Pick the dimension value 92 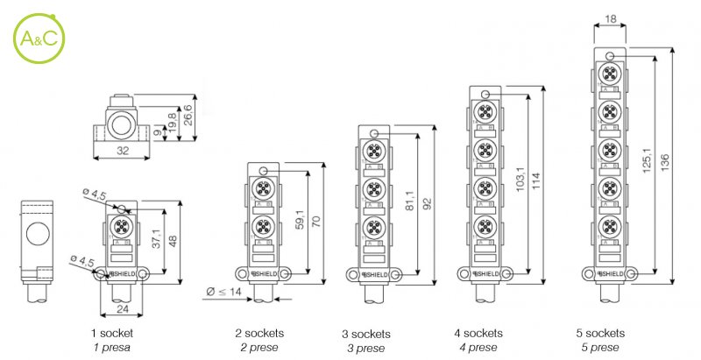click(428, 205)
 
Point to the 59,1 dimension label click(301, 220)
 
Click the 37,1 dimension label click(155, 239)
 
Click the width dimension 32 click(121, 151)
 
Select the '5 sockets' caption click(600, 334)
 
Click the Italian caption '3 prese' click(365, 348)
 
